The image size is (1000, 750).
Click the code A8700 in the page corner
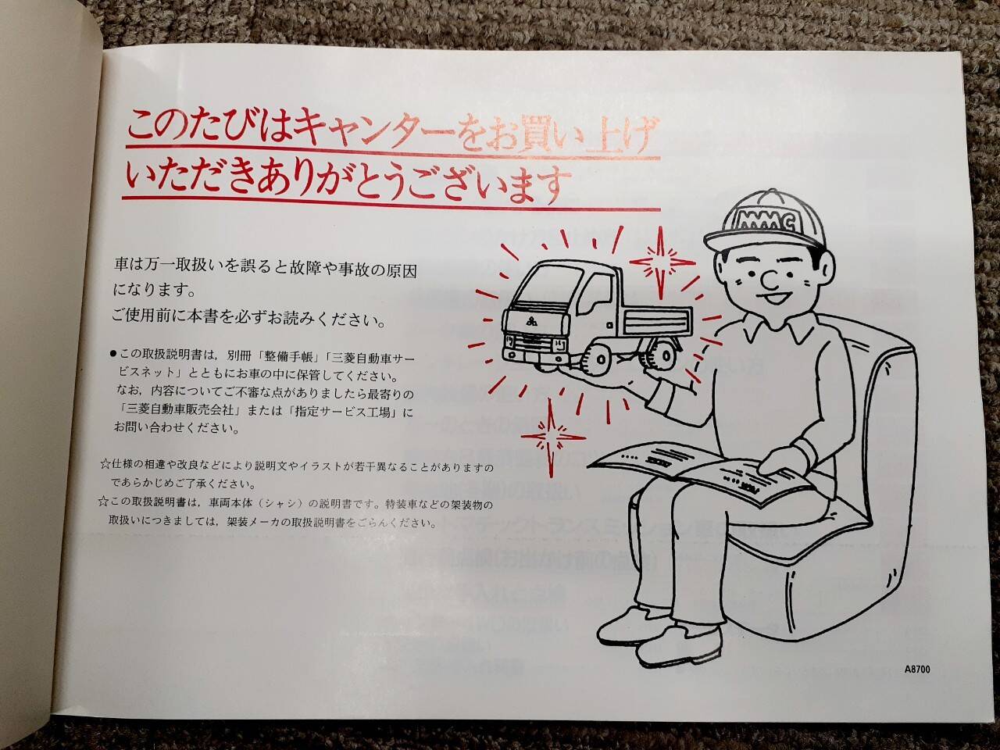[x=917, y=670]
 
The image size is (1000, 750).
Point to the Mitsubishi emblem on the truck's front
[x=532, y=323]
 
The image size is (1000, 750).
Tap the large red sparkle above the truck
[x=661, y=263]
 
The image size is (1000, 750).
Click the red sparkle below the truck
[x=552, y=437]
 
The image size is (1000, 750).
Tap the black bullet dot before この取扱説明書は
[x=113, y=354]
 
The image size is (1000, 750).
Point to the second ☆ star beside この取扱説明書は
[x=103, y=502]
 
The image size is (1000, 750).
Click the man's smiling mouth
[x=774, y=298]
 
